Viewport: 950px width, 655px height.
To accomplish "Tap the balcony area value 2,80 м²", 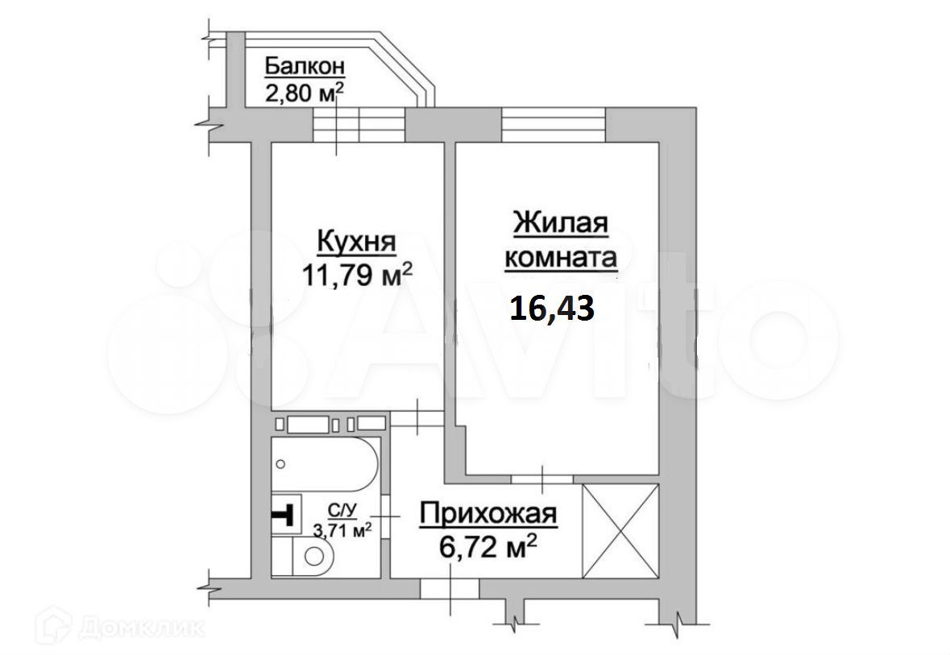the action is coord(305,92).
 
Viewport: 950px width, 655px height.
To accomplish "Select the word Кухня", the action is coord(357,242).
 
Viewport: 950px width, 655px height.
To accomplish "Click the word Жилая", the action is coord(561,222).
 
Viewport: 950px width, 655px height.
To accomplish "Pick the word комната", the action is coord(561,258).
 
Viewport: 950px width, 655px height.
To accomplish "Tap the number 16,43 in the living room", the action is coord(551,309).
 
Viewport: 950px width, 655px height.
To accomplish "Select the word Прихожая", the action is coord(488,515).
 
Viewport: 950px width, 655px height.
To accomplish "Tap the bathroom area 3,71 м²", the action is coord(342,530).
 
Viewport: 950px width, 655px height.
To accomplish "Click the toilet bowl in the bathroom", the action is coord(312,555).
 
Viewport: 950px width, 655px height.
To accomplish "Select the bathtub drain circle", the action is coord(280,464).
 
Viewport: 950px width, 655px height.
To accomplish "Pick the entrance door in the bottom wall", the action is coord(450,588).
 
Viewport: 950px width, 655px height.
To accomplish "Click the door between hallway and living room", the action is coord(541,479).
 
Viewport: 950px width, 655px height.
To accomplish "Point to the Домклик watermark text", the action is coord(142,628).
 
